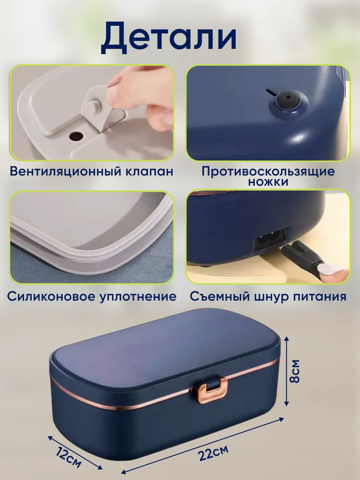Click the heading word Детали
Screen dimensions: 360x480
point(169,39)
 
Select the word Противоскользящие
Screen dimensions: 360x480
point(268,172)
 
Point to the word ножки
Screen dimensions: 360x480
point(268,182)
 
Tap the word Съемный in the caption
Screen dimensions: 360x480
point(220,297)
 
